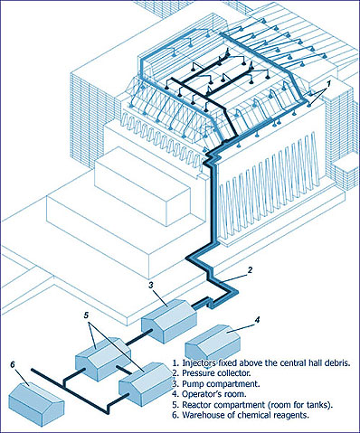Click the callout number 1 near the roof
click(329, 83)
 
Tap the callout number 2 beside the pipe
click(250, 269)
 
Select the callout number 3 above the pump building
click(152, 285)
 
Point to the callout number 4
click(257, 320)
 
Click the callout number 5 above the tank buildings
click(86, 315)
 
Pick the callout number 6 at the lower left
click(13, 364)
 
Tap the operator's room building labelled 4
click(213, 343)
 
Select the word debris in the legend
click(339, 362)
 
